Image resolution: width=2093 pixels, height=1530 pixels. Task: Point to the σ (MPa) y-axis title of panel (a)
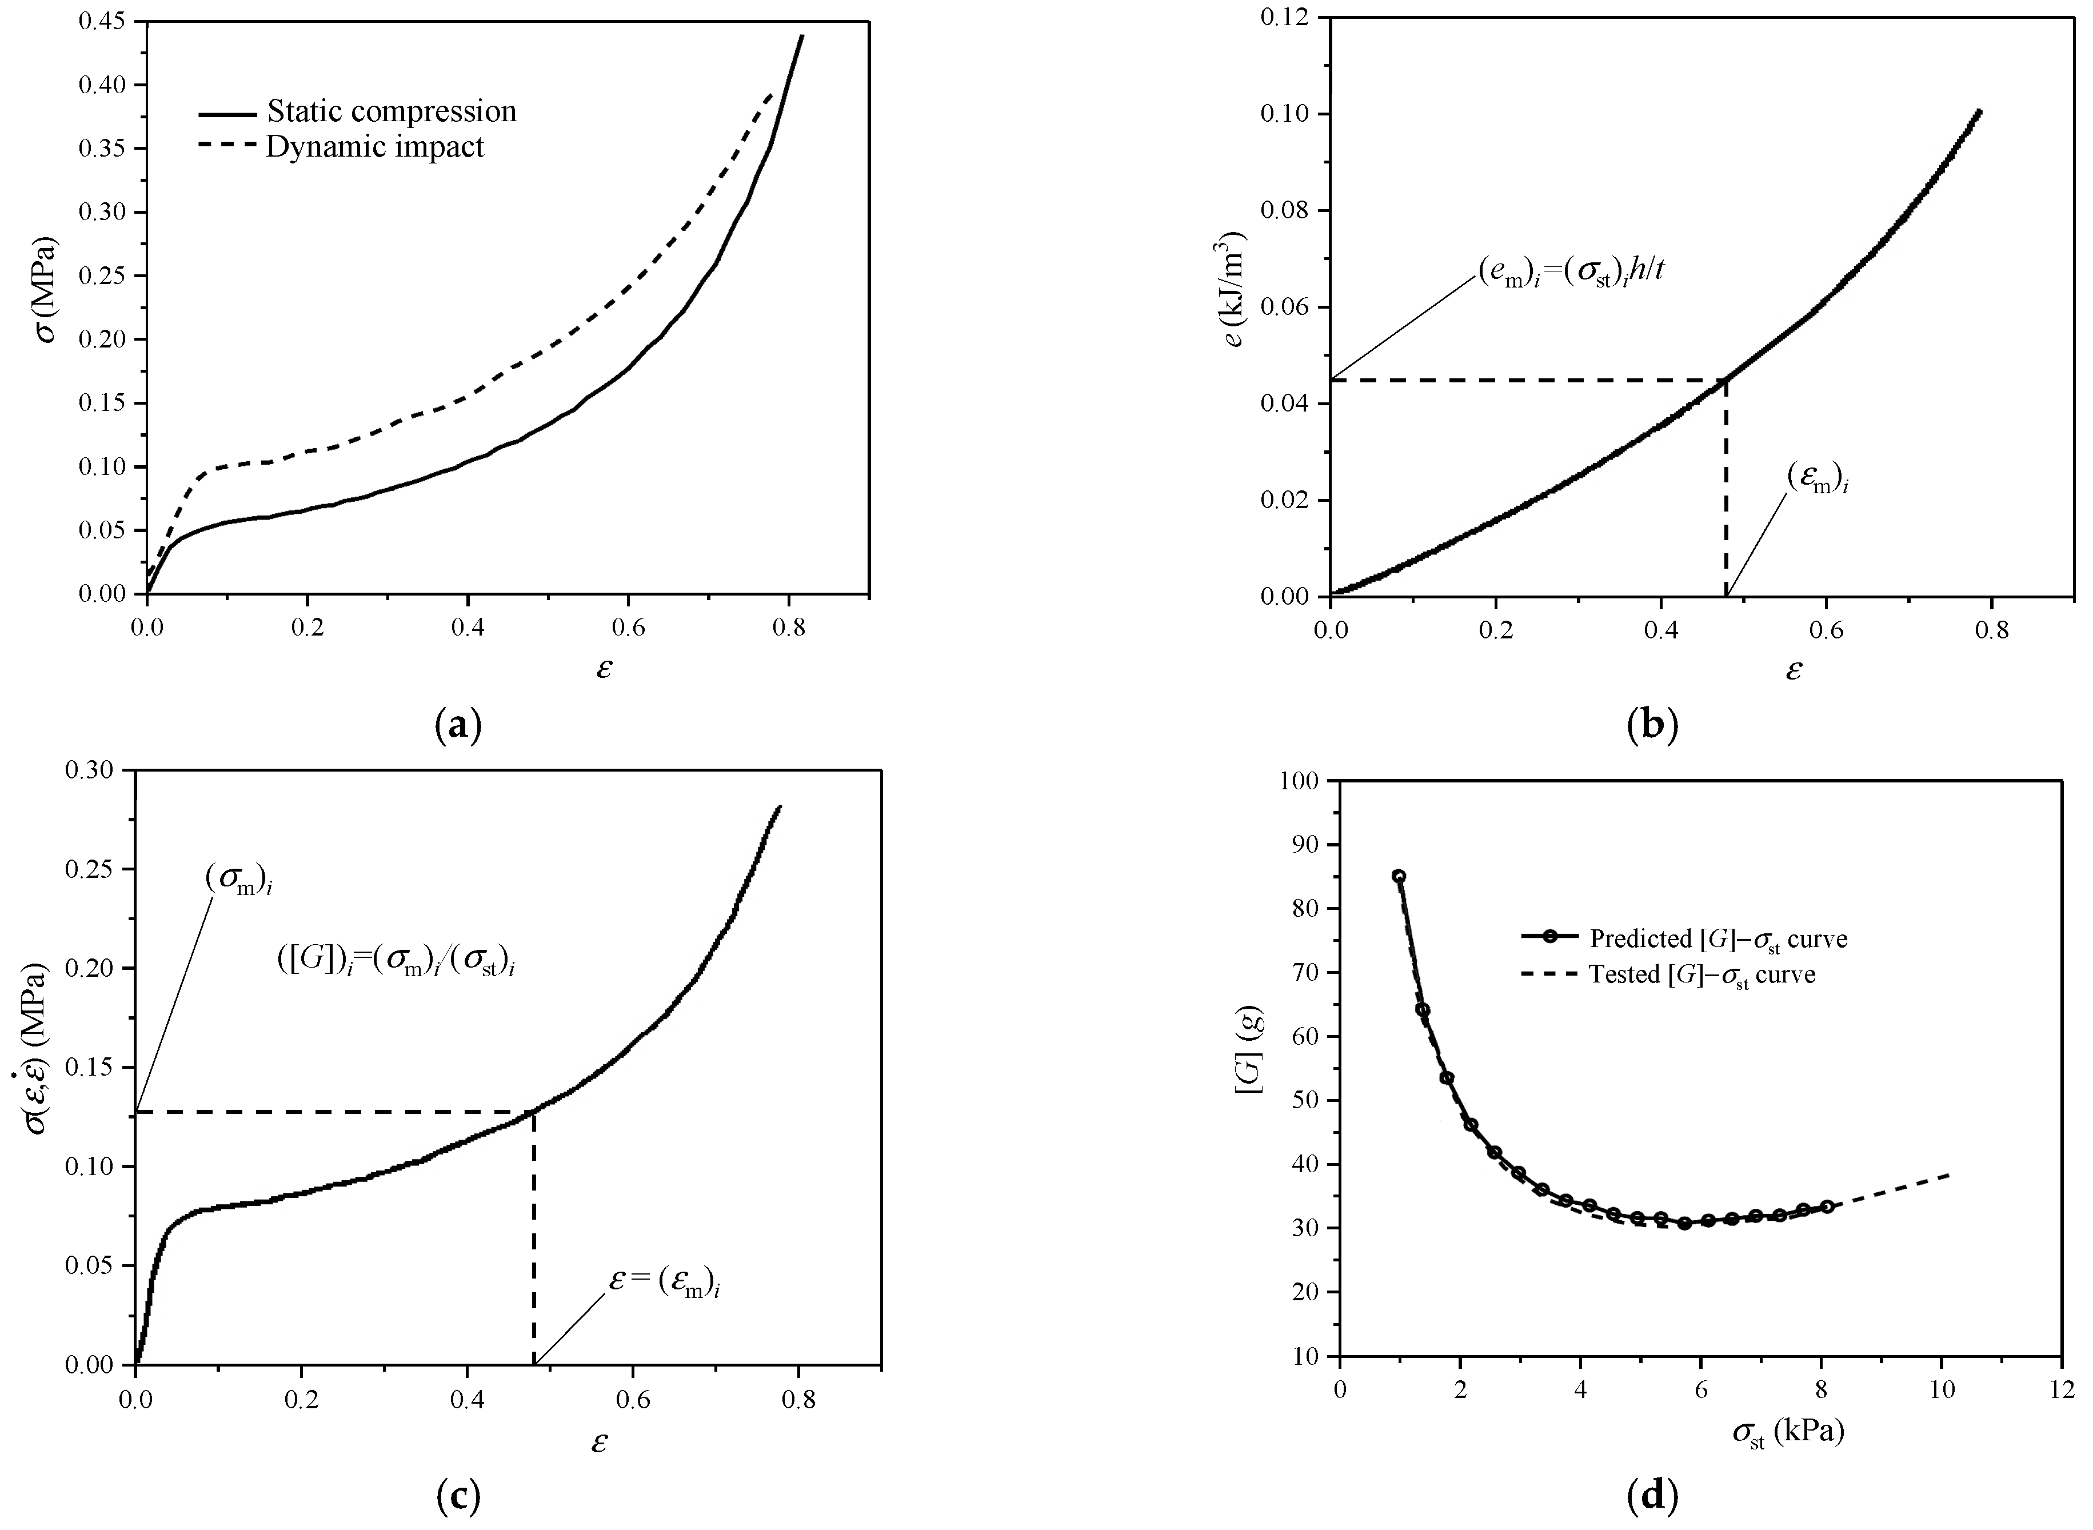coord(46,289)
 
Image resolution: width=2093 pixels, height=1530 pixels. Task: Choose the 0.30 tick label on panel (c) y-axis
coord(94,770)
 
